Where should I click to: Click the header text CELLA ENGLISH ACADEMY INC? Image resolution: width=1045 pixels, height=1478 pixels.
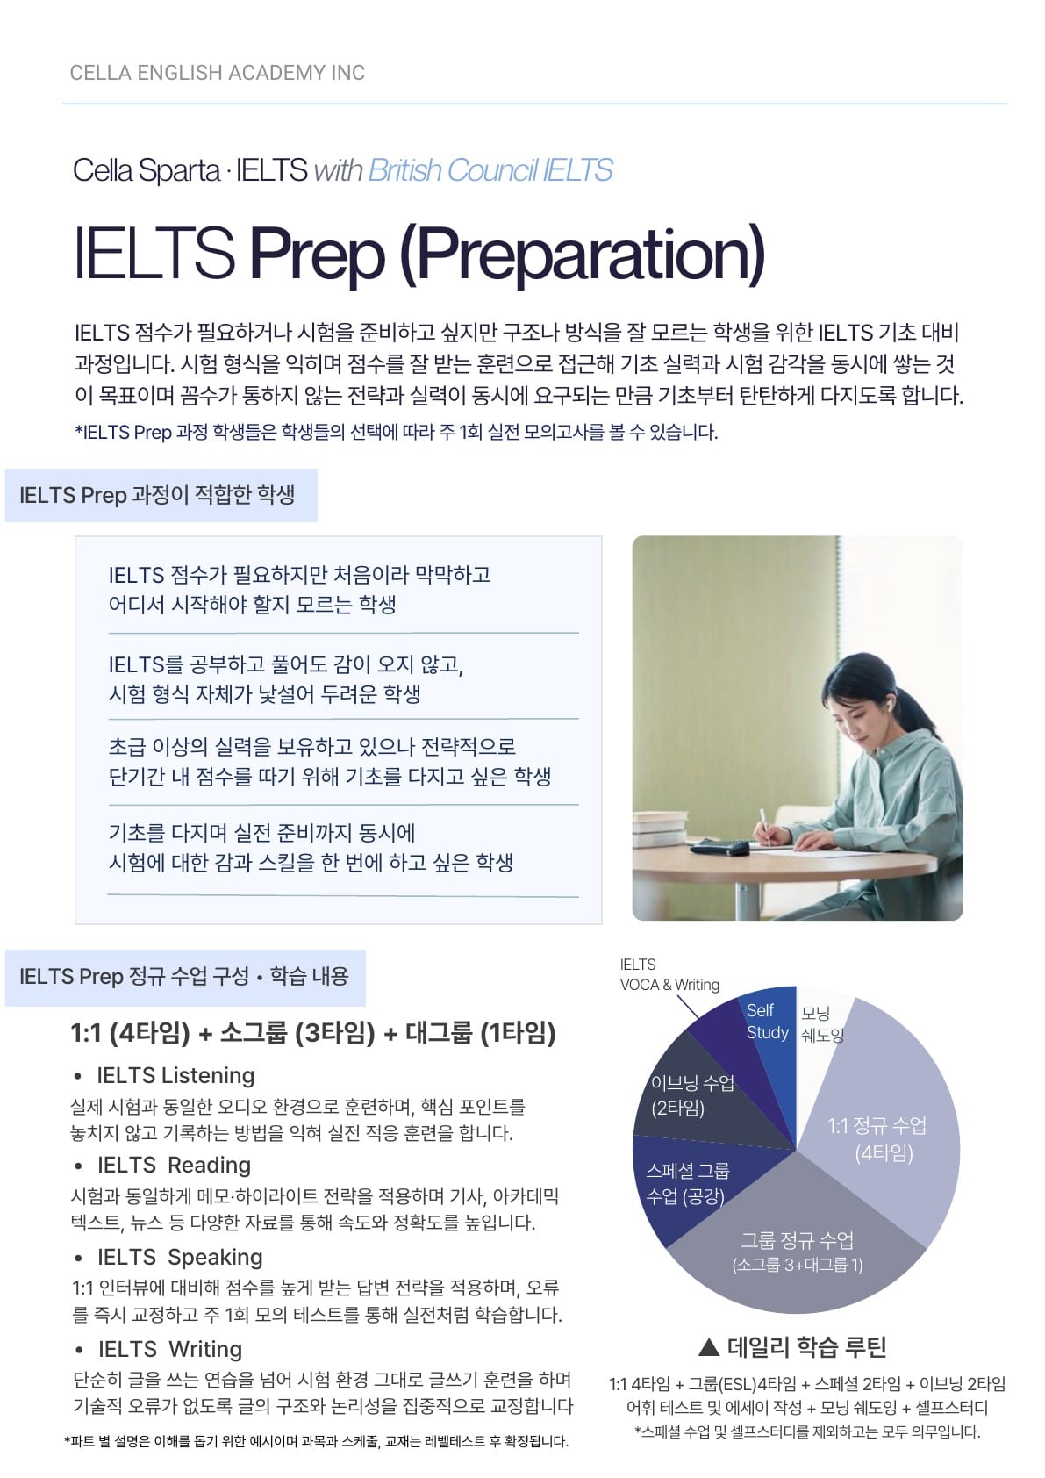point(217,72)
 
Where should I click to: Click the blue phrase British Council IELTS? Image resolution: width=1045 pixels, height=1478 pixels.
point(490,170)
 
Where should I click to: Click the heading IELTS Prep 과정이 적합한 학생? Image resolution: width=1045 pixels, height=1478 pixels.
point(157,495)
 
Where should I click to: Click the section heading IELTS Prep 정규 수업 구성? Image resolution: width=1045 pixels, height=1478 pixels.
point(134,977)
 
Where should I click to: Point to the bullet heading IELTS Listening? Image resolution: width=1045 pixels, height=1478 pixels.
point(175,1075)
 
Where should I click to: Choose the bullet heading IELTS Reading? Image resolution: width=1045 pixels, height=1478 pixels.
point(174,1165)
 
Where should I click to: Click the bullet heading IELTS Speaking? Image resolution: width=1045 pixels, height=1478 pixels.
point(180,1257)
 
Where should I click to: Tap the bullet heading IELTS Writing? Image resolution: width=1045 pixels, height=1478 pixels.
point(170,1349)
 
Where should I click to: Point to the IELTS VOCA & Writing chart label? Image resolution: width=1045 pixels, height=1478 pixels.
point(669,974)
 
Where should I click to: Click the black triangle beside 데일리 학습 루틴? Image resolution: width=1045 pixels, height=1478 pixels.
point(709,1346)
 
